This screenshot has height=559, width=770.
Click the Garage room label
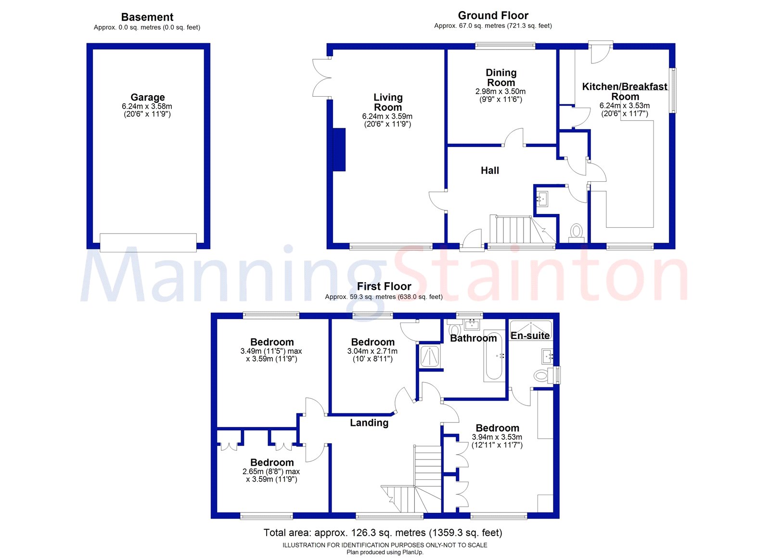[147, 97]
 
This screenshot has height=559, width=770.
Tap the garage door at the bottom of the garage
[148, 242]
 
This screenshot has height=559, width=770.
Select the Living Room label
[388, 102]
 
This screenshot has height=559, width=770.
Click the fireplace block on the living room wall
[339, 149]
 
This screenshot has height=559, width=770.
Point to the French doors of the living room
[321, 77]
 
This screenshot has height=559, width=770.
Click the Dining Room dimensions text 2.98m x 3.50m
[500, 91]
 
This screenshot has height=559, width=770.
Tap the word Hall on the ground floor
[489, 170]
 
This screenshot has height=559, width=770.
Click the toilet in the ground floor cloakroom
[576, 232]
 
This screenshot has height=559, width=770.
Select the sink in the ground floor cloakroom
[543, 199]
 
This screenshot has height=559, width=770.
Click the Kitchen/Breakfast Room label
[625, 91]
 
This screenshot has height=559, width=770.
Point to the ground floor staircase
[515, 230]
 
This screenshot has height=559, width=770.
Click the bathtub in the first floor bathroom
[494, 356]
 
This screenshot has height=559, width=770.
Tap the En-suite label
[530, 335]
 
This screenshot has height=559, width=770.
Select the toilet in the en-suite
[542, 375]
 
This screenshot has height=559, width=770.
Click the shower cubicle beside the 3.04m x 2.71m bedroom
[429, 356]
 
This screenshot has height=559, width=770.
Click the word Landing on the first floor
[369, 422]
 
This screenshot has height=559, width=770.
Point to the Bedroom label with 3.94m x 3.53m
[497, 428]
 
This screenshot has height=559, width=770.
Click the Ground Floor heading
[493, 15]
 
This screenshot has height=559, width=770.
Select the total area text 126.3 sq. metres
[383, 533]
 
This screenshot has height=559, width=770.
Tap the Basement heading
[147, 17]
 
